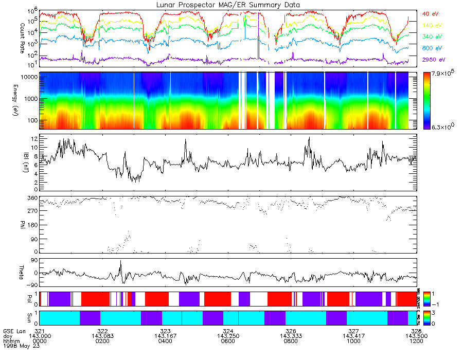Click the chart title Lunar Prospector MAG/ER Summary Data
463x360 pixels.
(x=227, y=5)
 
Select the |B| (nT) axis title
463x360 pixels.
(x=8, y=162)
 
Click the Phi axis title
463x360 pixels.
(x=8, y=224)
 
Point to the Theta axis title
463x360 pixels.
(x=8, y=271)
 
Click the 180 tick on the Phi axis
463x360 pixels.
(x=30, y=225)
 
